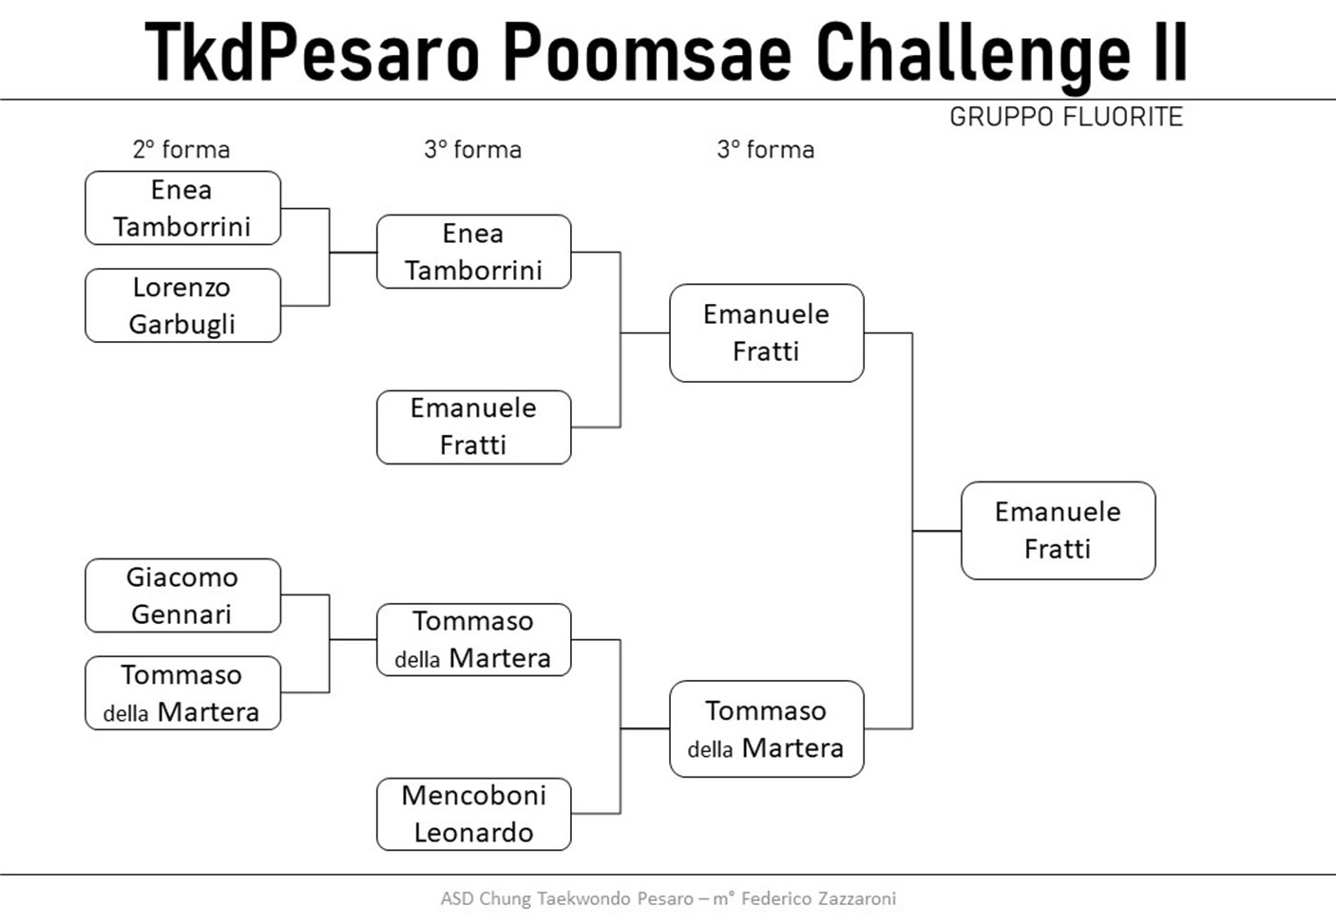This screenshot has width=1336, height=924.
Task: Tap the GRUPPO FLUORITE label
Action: click(1066, 117)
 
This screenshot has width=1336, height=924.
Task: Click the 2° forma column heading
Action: click(181, 150)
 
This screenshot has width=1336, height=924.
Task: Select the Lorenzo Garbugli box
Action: click(182, 305)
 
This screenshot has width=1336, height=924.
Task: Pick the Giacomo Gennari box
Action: click(182, 594)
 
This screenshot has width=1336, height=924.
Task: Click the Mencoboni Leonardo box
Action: click(473, 814)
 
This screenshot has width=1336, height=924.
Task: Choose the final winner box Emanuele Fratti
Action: click(1059, 531)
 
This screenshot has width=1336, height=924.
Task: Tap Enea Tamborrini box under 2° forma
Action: click(182, 208)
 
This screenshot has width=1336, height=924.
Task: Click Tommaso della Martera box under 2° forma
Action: click(182, 692)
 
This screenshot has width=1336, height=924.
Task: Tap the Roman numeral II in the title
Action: click(1171, 51)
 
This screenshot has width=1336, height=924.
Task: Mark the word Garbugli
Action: click(181, 325)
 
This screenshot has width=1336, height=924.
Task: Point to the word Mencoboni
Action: click(473, 795)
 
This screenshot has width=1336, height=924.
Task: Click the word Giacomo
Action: click(181, 577)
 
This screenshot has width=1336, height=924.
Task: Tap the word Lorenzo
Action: click(181, 288)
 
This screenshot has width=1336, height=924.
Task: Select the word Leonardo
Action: click(473, 833)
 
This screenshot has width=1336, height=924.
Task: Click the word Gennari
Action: click(181, 614)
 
